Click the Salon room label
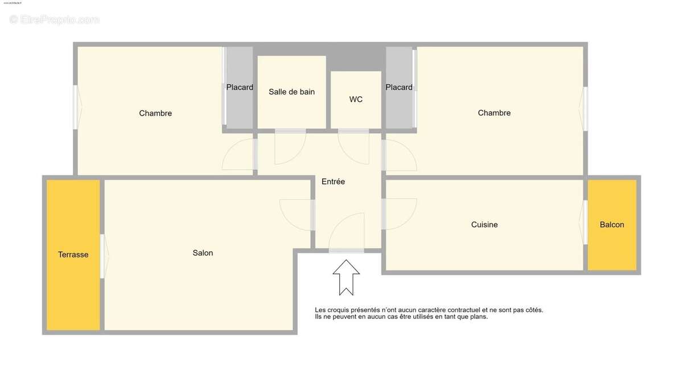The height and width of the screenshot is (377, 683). point(203,253)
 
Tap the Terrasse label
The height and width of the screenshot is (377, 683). point(73,255)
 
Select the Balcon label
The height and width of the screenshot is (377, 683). point(612,224)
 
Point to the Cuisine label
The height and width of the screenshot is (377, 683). point(484,224)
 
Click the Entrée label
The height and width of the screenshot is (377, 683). point(333,182)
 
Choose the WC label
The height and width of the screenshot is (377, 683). point(356,99)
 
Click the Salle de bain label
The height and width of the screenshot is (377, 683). point(291,92)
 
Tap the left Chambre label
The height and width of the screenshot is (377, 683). point(155,113)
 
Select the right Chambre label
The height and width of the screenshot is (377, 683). point(494,113)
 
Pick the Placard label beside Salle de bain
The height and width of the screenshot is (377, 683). point(240,87)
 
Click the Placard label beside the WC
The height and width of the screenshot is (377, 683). point(399,87)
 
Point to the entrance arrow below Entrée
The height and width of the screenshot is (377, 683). point(346,277)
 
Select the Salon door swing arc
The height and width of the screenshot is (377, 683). point(295,215)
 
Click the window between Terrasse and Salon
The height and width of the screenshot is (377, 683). point(103,256)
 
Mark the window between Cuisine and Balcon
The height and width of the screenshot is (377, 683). point(585,222)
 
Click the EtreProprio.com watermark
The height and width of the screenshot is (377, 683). point(55,20)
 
